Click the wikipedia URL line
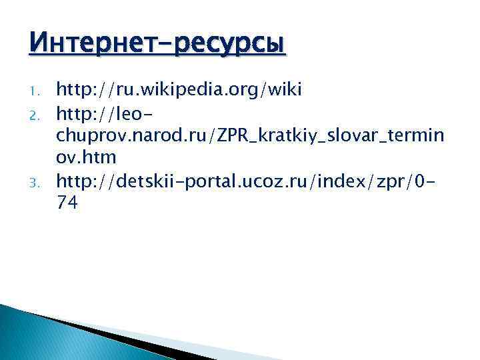point(179,88)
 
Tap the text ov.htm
point(86,157)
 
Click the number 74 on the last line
point(67,204)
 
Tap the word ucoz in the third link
point(275,180)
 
